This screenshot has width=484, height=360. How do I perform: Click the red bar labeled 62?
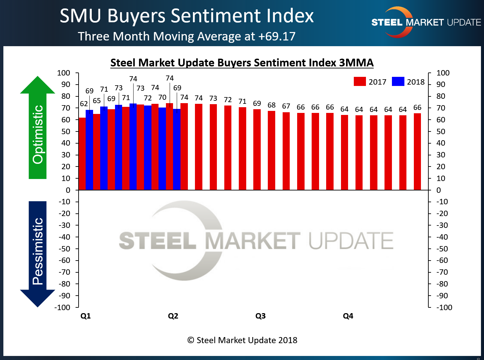[82, 154]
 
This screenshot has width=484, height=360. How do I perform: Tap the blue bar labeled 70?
[162, 149]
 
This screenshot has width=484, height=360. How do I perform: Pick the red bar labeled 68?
[272, 150]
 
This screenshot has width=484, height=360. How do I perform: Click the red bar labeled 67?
[286, 151]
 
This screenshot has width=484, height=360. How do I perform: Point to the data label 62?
[84, 104]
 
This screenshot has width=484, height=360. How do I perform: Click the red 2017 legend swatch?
[360, 82]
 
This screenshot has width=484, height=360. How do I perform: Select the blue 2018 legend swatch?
[398, 82]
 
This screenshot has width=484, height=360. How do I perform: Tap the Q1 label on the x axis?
[86, 316]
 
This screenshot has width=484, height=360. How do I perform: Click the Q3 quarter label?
[260, 316]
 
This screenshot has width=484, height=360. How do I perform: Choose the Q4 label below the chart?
[348, 316]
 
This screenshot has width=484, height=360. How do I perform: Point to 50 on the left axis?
[66, 131]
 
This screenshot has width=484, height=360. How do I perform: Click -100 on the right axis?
[444, 307]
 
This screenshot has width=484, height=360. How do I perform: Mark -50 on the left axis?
[64, 249]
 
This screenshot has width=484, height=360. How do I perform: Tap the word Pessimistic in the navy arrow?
[38, 251]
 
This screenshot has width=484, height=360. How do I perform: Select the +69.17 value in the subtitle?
[277, 36]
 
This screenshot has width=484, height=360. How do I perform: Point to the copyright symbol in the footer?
[191, 340]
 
